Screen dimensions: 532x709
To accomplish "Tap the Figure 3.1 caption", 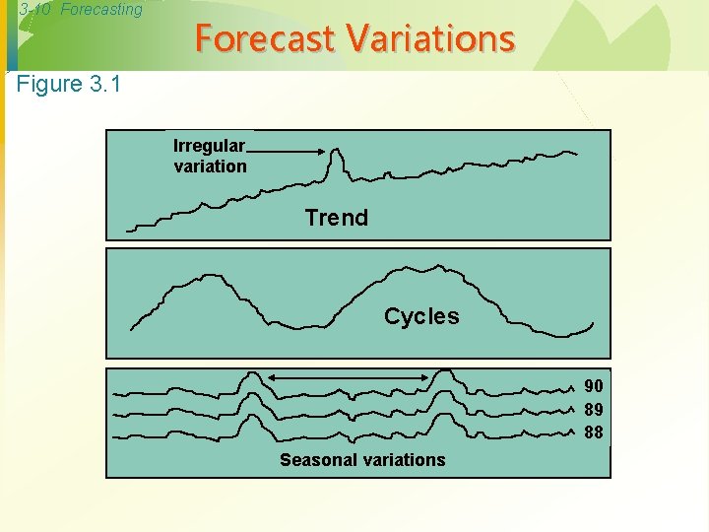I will coord(69,84).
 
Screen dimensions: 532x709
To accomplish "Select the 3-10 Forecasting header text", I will coord(81,9).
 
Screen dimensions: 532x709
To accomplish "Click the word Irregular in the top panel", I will coord(209,146).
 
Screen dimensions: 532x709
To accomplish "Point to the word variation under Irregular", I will coord(210,166).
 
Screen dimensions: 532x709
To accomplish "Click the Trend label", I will coord(336,218).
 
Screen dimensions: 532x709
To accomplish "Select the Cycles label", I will coord(421,316).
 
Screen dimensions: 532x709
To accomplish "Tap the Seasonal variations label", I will coord(362,460).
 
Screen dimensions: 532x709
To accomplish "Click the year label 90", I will coord(594,386).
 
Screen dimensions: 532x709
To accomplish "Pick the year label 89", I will coord(594,409).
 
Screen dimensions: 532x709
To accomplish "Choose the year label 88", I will coord(594,432).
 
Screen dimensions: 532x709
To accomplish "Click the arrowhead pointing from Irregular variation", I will coord(321,150).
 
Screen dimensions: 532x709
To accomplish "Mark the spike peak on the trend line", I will coord(338,150).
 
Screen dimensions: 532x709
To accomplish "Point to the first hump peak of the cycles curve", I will coord(203,276).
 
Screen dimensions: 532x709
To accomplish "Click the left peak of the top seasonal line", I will coord(252,374).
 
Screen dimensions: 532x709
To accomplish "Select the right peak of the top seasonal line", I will coord(446,371).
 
